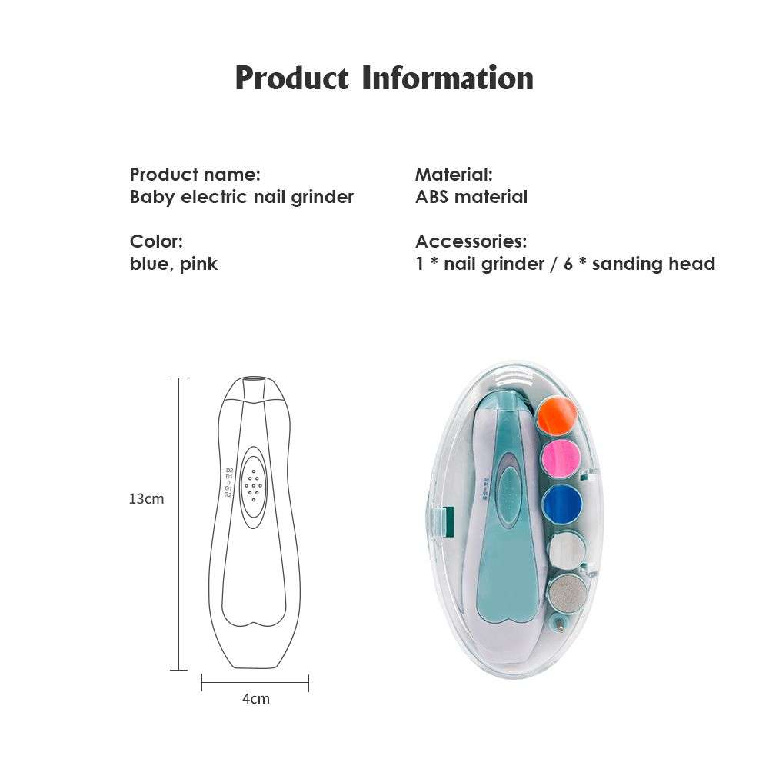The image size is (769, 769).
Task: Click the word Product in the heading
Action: tap(291, 79)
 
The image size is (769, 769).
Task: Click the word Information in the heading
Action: tap(448, 78)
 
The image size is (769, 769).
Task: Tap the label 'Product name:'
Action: tap(195, 175)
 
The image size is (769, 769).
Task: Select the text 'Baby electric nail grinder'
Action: tap(241, 197)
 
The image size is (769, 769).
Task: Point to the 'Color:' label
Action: tap(156, 241)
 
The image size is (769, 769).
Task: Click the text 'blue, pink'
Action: tap(174, 264)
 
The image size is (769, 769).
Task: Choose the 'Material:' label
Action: tap(454, 175)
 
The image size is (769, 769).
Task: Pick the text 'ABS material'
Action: tap(471, 197)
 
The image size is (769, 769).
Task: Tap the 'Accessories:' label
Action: tap(471, 241)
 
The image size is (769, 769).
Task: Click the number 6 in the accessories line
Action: tap(568, 264)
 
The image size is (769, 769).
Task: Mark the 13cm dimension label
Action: tap(146, 498)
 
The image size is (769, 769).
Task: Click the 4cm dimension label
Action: tap(256, 698)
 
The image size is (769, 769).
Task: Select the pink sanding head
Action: tap(562, 460)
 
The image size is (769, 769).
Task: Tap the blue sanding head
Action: tap(565, 504)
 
